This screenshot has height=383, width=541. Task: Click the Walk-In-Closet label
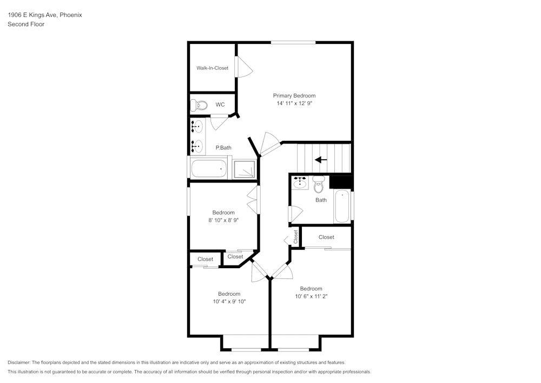[x=212, y=68]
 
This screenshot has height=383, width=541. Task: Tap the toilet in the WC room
[x=199, y=105]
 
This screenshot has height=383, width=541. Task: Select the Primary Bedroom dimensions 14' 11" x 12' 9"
[x=294, y=103]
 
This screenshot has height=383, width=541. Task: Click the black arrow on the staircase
[x=321, y=160]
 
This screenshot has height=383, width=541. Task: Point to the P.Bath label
[x=223, y=148]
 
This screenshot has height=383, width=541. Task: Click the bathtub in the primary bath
[x=209, y=168]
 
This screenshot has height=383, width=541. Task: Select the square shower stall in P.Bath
[x=245, y=169]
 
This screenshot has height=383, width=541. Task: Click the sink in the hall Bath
[x=300, y=183]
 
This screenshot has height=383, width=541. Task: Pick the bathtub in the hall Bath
[x=342, y=206]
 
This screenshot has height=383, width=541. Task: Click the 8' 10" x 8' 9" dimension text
[x=223, y=220]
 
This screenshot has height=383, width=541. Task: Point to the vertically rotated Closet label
[x=296, y=237]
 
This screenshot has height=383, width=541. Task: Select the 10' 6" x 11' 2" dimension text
[x=311, y=296]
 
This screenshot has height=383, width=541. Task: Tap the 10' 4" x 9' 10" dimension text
[x=229, y=302]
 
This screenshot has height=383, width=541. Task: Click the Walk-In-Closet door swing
[x=245, y=67]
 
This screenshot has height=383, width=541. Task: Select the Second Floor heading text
[x=26, y=24]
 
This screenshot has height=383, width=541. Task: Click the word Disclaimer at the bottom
[x=19, y=362]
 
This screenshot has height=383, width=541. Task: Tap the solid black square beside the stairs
[x=341, y=183]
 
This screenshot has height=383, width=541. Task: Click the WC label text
[x=220, y=105]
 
